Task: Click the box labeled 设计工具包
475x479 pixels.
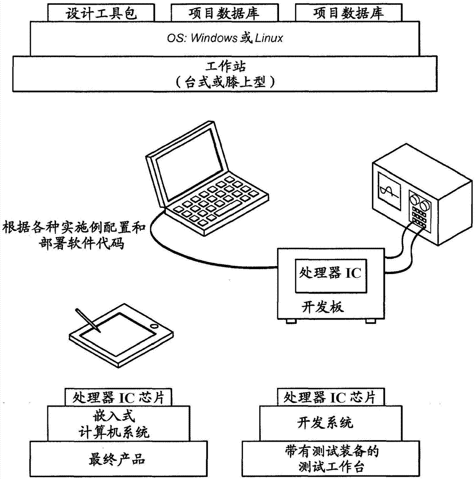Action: (x=102, y=13)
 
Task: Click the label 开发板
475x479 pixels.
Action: (x=322, y=307)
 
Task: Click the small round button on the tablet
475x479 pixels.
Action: (x=153, y=326)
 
